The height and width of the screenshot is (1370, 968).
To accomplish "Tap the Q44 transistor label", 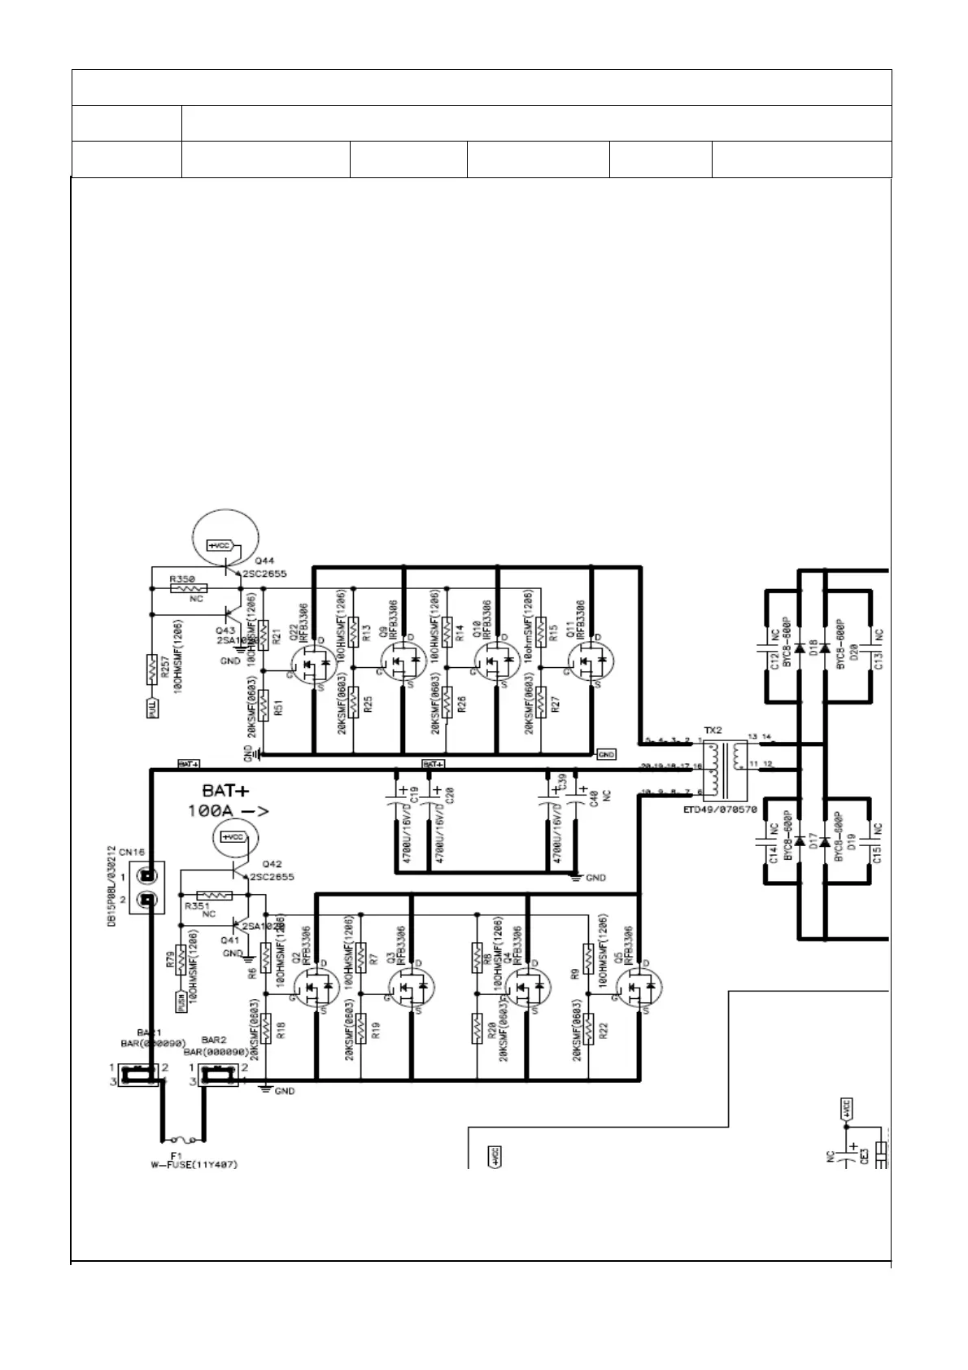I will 264,561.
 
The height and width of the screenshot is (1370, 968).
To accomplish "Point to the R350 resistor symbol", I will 187,587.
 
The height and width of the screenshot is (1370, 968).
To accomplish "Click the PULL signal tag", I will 151,708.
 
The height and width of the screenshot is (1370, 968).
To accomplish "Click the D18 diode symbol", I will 800,649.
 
